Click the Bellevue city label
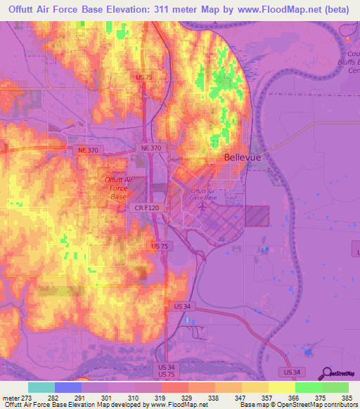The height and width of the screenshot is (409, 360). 242,158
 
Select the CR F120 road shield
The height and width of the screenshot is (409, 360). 143,209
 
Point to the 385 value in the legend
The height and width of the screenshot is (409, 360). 347,398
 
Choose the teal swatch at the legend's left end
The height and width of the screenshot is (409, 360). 41,387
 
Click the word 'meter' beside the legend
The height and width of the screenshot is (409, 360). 11,398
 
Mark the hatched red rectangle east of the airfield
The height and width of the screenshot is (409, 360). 257,216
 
